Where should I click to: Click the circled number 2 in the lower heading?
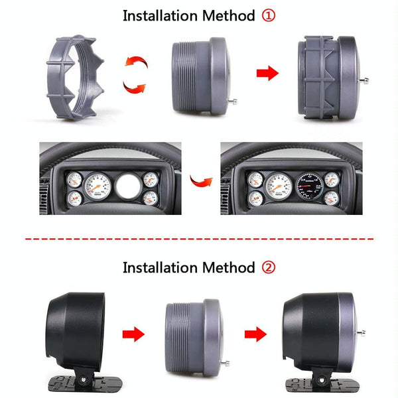pyautogui.click(x=267, y=268)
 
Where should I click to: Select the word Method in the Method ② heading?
pyautogui.click(x=227, y=268)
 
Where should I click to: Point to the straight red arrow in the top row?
pyautogui.click(x=267, y=74)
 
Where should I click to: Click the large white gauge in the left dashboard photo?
pyautogui.click(x=98, y=187)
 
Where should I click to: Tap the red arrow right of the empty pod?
pyautogui.click(x=134, y=333)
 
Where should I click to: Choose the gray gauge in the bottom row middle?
pyautogui.click(x=192, y=332)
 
